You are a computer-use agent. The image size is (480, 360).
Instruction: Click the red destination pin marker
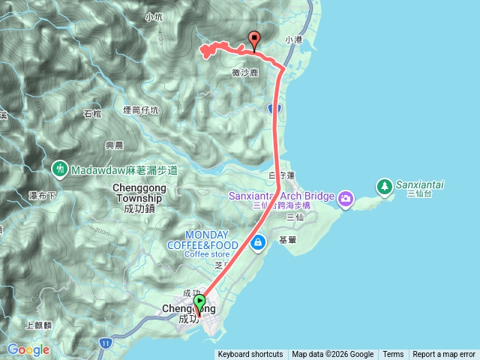click(x=253, y=40)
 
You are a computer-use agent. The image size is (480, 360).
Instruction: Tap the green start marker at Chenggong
click(x=199, y=302)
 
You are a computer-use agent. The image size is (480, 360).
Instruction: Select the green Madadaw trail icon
click(x=58, y=169)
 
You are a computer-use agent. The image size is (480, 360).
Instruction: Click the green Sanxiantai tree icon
click(x=384, y=185)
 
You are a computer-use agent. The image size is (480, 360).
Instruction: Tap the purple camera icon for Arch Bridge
click(x=346, y=199)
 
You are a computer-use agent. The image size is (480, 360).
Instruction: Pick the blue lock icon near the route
click(x=258, y=242)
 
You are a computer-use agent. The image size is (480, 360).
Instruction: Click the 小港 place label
click(x=292, y=40)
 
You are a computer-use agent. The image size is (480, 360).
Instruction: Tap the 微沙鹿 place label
click(x=244, y=73)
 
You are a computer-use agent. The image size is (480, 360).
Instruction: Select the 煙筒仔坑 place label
click(x=141, y=109)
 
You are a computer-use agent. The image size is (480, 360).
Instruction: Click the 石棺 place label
click(x=92, y=114)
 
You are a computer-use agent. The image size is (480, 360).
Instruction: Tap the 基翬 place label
click(x=288, y=240)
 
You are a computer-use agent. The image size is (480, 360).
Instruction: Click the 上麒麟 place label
click(x=37, y=325)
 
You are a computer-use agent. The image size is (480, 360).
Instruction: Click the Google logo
click(x=28, y=349)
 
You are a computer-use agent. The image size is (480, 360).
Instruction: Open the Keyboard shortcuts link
click(x=250, y=355)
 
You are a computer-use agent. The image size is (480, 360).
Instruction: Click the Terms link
click(x=393, y=355)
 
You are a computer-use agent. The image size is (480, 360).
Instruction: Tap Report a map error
click(x=444, y=355)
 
